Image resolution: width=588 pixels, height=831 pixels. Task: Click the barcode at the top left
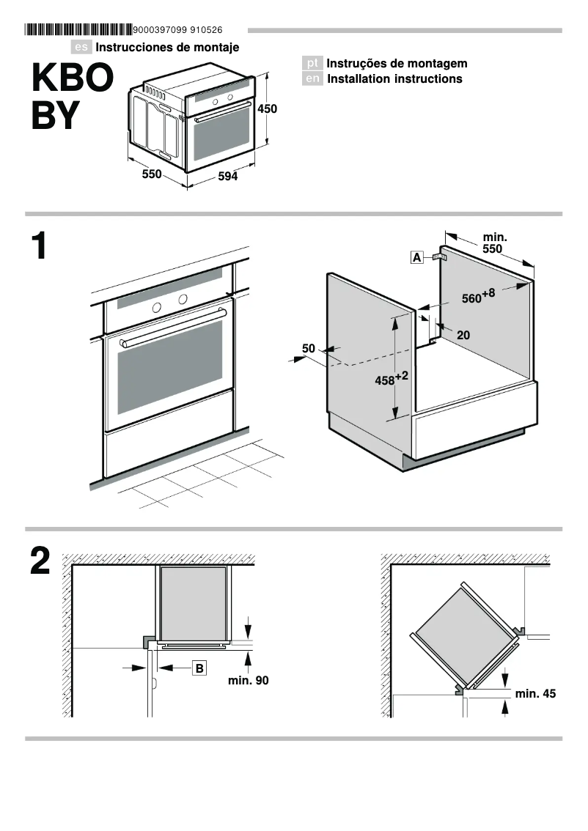click(78, 30)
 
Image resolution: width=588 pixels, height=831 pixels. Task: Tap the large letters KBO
click(68, 78)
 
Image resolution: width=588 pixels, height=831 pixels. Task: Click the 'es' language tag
click(82, 48)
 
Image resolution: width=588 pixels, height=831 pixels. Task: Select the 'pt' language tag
click(312, 64)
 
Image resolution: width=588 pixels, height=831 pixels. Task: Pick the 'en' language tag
click(312, 79)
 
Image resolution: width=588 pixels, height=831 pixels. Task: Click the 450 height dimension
click(267, 108)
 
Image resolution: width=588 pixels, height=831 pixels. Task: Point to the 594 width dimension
click(228, 177)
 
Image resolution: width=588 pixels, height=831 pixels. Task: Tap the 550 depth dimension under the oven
click(151, 174)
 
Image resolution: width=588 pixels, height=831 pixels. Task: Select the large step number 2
click(40, 562)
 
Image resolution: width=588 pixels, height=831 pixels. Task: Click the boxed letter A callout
click(416, 257)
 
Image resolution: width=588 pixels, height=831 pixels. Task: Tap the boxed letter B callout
click(199, 668)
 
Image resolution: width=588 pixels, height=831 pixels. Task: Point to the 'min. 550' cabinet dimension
click(493, 243)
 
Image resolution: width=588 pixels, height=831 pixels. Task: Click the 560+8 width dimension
click(478, 297)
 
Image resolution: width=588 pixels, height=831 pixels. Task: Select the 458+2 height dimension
click(391, 380)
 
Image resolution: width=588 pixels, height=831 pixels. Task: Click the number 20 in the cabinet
click(463, 335)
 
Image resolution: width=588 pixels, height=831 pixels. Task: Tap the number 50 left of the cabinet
click(308, 349)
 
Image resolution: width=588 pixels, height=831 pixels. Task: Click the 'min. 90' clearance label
click(248, 681)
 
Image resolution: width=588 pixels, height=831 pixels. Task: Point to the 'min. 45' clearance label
click(535, 693)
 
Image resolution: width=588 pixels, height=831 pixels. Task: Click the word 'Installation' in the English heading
click(358, 79)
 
